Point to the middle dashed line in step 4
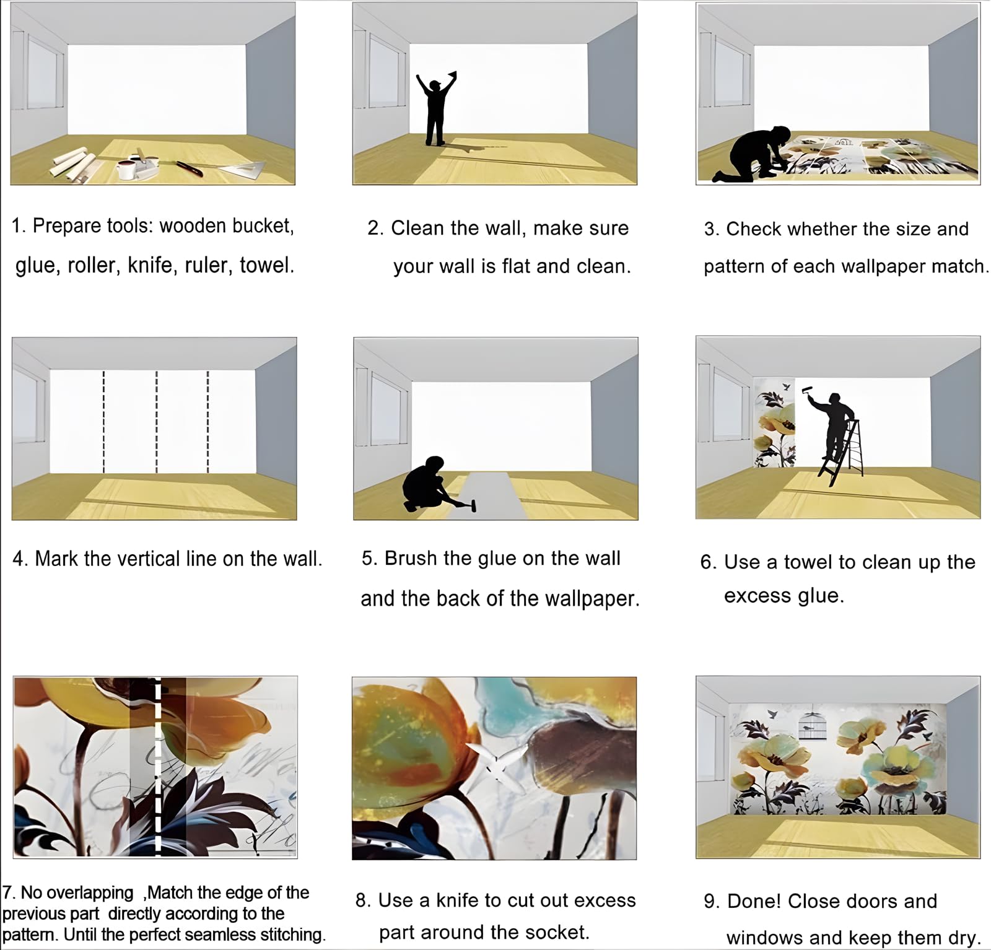point(156,421)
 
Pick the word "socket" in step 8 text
point(557,932)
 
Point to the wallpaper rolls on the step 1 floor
point(73,160)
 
